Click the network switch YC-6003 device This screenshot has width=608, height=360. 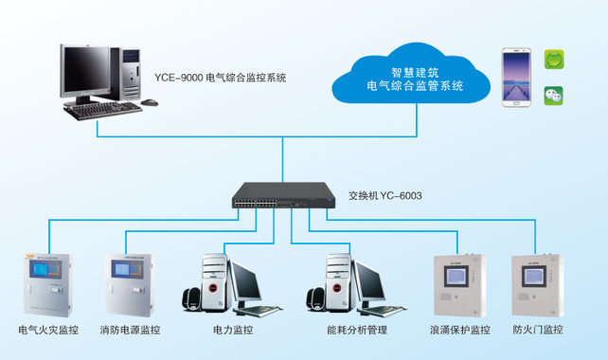click(282, 197)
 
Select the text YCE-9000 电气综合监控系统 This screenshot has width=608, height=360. click(220, 77)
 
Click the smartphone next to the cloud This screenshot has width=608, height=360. click(515, 76)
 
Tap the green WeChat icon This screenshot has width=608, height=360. click(553, 95)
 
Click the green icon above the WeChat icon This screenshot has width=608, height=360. click(553, 60)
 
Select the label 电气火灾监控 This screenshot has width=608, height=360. click(45, 331)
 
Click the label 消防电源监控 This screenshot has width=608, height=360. click(130, 331)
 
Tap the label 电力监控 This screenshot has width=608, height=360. click(233, 331)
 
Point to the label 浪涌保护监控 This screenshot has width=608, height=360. click(459, 331)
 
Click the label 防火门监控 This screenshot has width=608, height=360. click(538, 331)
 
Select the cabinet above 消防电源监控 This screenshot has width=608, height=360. click(128, 282)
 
